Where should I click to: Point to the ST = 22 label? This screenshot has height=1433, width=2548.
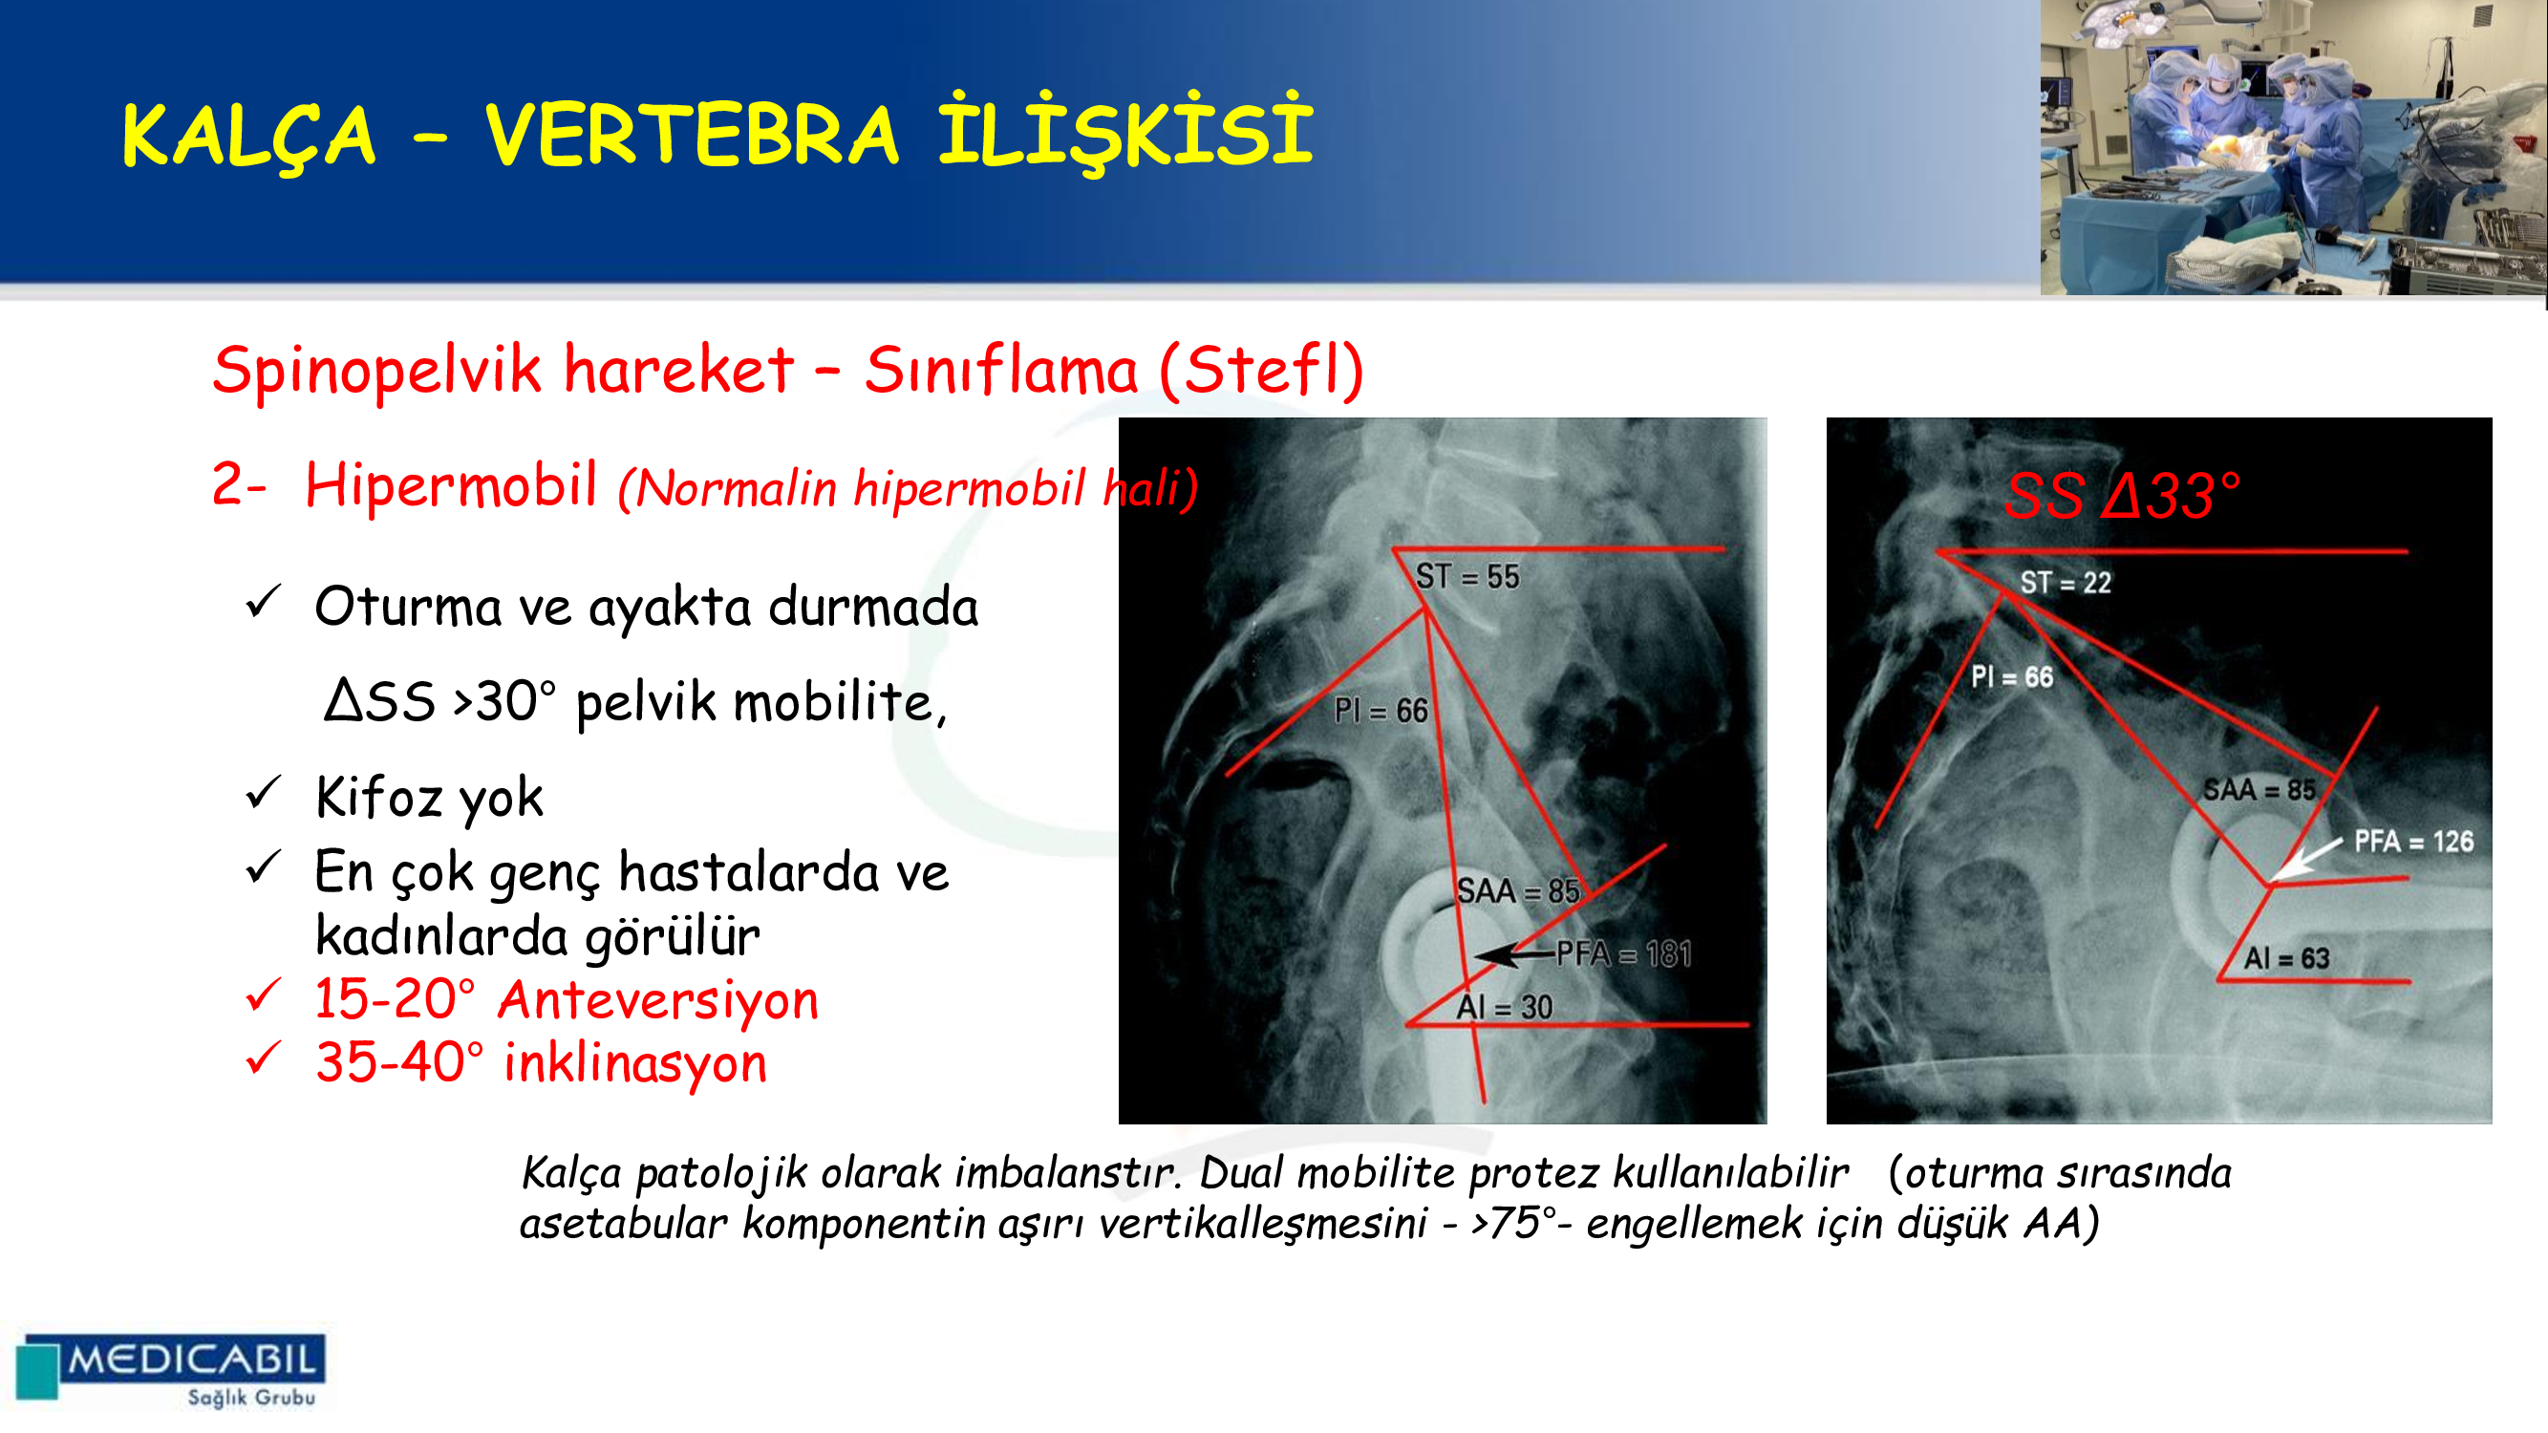2066,583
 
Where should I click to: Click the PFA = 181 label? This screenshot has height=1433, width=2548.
1623,953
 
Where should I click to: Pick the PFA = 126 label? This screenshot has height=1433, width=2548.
2413,842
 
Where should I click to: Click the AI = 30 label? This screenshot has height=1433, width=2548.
1505,1007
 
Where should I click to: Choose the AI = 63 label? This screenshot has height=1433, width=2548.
2287,957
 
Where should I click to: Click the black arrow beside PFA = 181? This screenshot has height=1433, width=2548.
1513,954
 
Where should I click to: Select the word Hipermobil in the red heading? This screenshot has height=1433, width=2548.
451,486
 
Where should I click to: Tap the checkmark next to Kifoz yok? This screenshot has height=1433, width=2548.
264,793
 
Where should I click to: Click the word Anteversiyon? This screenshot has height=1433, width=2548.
659,1000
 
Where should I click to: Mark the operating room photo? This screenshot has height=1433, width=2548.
2294,147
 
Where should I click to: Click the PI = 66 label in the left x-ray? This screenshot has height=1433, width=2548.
1381,709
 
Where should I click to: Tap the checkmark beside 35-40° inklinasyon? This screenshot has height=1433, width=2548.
264,1059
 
